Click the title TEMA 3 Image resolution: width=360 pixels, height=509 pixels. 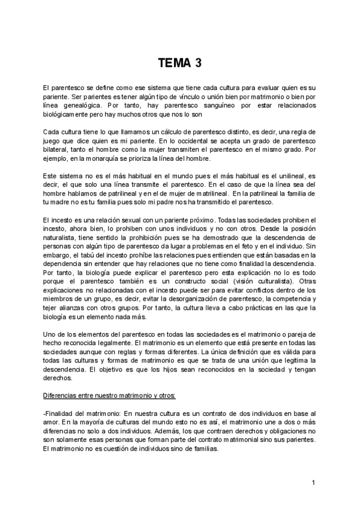point(180,62)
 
